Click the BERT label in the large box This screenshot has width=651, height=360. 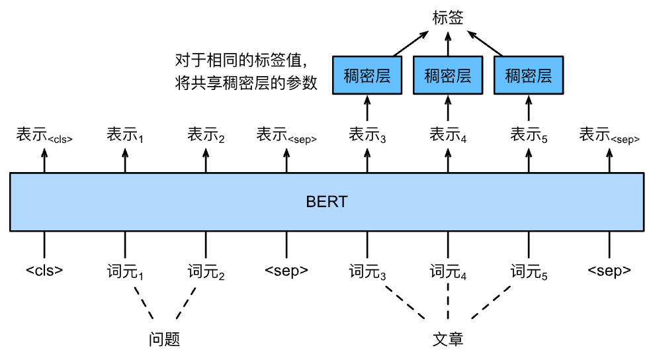click(326, 202)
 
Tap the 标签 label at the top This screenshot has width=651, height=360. click(447, 18)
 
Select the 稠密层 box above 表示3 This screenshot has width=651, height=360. click(367, 75)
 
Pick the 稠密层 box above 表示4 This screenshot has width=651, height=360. click(448, 75)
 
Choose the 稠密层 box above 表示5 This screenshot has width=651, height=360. click(529, 75)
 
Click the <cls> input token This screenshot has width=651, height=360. click(45, 271)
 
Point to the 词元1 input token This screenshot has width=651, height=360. click(125, 271)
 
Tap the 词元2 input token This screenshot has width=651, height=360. click(206, 271)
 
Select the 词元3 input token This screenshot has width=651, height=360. click(367, 271)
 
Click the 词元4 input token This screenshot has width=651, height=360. click(448, 271)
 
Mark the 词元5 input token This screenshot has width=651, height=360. click(529, 271)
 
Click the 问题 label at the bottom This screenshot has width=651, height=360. click(165, 339)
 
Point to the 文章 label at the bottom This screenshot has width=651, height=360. click(448, 339)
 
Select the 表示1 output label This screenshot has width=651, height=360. click(125, 136)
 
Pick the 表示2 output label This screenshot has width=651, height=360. click(206, 136)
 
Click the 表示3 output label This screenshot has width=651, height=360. click(367, 136)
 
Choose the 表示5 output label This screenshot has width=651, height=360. click(529, 136)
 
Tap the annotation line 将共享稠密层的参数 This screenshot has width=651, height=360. click(244, 83)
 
